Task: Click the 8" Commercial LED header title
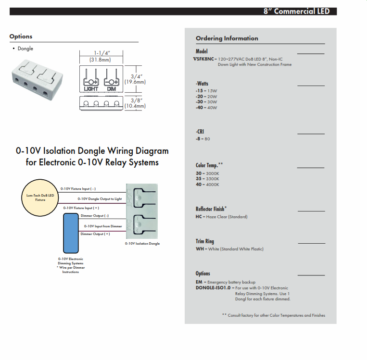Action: (296, 11)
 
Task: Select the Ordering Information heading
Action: (227, 38)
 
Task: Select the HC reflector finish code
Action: (199, 217)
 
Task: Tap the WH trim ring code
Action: (199, 249)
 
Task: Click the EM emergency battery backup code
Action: (199, 282)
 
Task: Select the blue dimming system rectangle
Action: (71, 233)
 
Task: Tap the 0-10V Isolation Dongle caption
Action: (142, 244)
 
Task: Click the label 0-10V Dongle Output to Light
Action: (100, 199)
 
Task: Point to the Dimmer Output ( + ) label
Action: (95, 234)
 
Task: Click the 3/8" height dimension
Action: (136, 100)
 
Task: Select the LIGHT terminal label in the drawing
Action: (91, 89)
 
